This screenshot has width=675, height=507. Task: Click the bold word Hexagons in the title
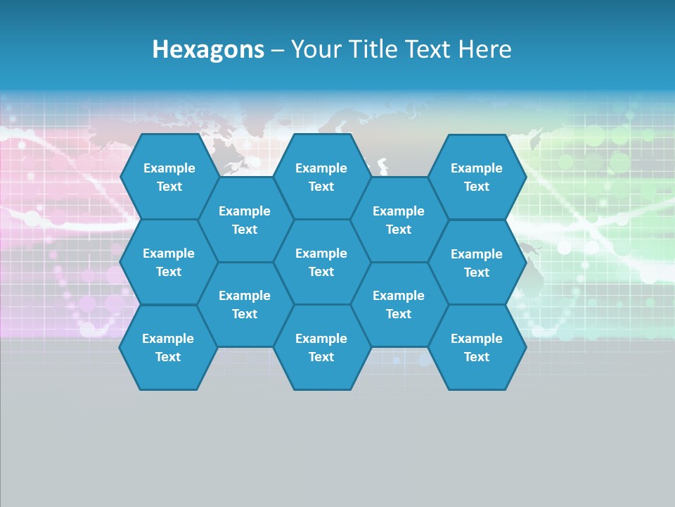click(208, 49)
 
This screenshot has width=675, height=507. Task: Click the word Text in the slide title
click(427, 49)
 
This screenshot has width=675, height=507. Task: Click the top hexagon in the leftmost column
click(169, 177)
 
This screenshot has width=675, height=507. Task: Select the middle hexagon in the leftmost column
click(169, 262)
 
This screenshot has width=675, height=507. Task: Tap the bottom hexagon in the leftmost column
click(169, 347)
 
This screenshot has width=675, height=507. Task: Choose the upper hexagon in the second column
click(245, 220)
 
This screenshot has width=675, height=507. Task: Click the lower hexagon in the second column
click(245, 304)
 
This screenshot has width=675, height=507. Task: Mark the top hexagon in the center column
click(321, 177)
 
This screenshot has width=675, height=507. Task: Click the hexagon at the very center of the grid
click(321, 262)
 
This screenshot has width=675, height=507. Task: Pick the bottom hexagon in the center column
click(321, 347)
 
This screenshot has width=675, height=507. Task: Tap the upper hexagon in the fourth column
click(399, 220)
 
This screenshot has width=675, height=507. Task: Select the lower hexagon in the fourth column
click(399, 304)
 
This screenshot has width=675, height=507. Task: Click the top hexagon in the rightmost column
click(477, 177)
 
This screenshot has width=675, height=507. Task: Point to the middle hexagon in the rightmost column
click(477, 263)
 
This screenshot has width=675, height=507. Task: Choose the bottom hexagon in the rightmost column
click(477, 347)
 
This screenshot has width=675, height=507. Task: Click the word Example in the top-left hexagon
click(169, 168)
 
